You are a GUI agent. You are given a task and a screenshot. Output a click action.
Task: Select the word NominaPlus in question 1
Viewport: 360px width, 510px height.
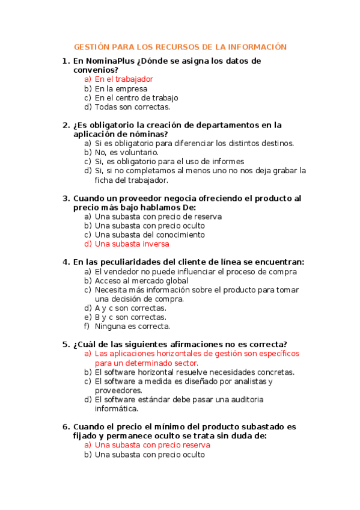pyautogui.click(x=109, y=61)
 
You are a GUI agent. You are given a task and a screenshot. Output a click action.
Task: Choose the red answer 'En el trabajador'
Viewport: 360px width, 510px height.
pyautogui.click(x=124, y=79)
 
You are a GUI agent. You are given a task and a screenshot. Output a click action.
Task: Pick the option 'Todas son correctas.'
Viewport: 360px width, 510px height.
pyautogui.click(x=132, y=107)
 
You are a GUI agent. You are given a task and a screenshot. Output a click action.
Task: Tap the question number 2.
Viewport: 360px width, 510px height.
pyautogui.click(x=66, y=125)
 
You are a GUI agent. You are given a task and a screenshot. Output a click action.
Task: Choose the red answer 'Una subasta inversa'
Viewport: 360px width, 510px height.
pyautogui.click(x=132, y=244)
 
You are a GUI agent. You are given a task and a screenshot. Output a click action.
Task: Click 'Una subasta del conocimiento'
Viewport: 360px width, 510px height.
pyautogui.click(x=150, y=235)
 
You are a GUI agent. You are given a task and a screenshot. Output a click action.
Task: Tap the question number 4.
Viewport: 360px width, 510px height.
pyautogui.click(x=66, y=262)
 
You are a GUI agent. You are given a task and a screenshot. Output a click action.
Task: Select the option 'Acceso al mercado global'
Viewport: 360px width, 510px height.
pyautogui.click(x=141, y=280)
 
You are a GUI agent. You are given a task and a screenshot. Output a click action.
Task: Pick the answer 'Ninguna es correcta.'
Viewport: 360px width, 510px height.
pyautogui.click(x=132, y=327)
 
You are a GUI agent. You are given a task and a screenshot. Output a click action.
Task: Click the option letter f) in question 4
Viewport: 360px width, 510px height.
pyautogui.click(x=87, y=327)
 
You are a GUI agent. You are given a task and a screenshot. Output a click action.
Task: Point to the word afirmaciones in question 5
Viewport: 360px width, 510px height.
pyautogui.click(x=189, y=344)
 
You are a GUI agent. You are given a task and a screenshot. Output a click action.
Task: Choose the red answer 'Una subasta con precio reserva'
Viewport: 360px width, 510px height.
pyautogui.click(x=153, y=445)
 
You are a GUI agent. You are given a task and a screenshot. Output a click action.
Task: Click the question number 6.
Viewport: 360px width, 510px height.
pyautogui.click(x=66, y=427)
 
